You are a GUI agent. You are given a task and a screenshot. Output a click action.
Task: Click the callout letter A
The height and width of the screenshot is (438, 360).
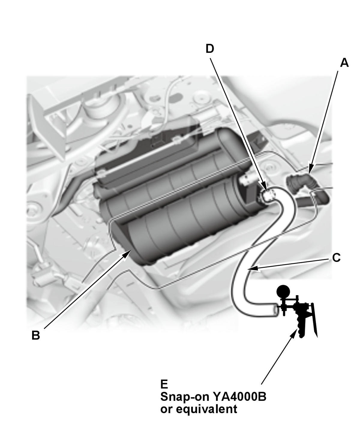344,63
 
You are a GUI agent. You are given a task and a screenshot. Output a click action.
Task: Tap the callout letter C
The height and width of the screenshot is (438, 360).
336,258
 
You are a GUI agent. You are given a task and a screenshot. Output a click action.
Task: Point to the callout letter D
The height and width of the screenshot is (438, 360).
210,49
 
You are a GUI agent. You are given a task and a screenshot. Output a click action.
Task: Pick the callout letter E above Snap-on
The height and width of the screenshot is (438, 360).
164,384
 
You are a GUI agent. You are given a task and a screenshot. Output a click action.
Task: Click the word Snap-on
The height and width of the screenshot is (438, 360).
185,397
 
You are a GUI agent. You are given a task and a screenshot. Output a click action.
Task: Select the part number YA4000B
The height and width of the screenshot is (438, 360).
239,397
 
